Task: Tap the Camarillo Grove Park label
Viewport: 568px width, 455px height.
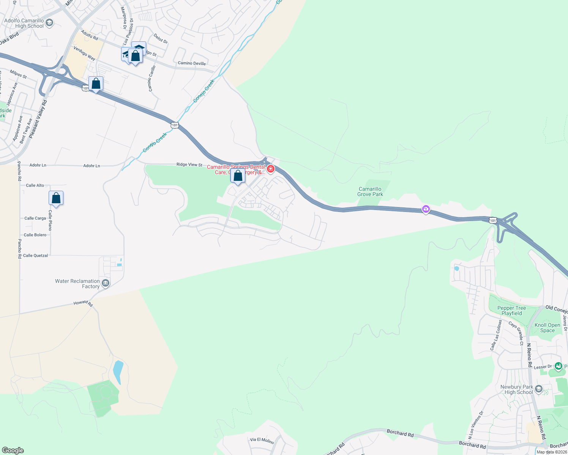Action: (370, 191)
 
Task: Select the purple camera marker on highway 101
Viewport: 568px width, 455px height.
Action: (426, 209)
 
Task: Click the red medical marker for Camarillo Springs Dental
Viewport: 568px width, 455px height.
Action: (271, 169)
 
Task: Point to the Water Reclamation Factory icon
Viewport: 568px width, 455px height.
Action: (106, 283)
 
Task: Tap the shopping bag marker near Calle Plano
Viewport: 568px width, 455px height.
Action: (56, 198)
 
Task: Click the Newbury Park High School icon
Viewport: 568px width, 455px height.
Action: (539, 389)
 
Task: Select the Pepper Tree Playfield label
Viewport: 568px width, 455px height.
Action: (511, 311)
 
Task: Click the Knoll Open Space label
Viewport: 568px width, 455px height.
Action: (547, 328)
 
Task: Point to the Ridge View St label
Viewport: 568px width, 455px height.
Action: (189, 165)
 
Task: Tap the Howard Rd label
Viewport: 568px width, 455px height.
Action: (83, 303)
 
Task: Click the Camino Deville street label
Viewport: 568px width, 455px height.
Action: (192, 63)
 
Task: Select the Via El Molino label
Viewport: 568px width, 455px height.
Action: (262, 440)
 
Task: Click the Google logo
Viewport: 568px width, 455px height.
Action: (13, 450)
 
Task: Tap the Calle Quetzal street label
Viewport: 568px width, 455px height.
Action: (35, 256)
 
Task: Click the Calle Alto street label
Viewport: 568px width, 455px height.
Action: (35, 185)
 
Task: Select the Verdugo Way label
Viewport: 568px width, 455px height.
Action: (84, 53)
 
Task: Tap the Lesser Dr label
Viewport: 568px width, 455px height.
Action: (543, 367)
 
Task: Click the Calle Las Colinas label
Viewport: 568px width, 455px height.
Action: (496, 335)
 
